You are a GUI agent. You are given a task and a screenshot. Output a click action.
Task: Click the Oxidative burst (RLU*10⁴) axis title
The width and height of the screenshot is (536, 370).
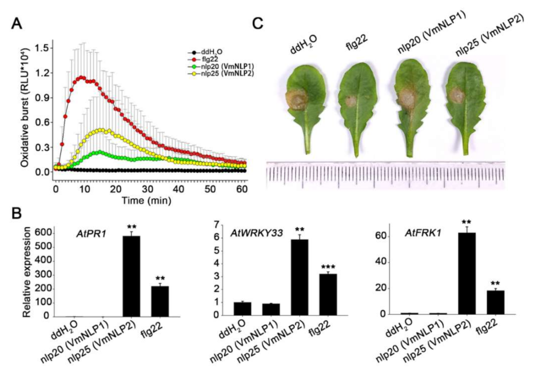[x=24, y=108]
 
